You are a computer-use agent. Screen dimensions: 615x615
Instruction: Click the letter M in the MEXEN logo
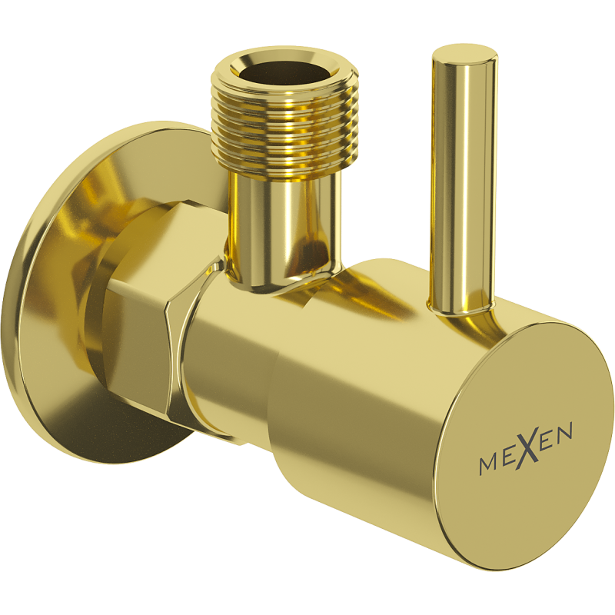(487, 464)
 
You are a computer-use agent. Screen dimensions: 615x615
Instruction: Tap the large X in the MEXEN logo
(527, 450)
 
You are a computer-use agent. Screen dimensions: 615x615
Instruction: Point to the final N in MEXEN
(564, 435)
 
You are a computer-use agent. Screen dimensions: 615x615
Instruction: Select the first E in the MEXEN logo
(508, 458)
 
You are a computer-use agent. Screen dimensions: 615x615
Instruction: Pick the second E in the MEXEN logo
(547, 442)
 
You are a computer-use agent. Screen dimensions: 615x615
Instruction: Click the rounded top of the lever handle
(461, 55)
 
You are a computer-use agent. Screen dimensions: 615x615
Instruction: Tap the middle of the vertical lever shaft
(459, 184)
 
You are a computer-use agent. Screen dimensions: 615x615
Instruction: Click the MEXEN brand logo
(526, 451)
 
